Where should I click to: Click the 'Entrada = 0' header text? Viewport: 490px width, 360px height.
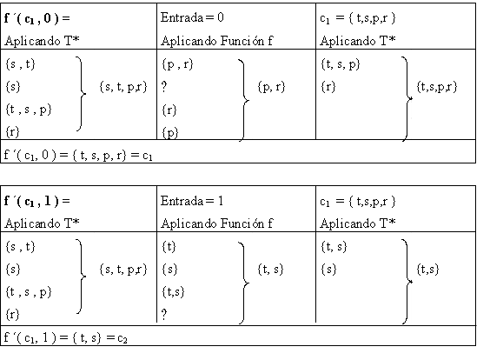pos(192,17)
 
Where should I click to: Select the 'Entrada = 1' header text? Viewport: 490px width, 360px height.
pos(192,201)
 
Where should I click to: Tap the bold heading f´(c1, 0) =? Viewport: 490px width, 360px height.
pos(37,18)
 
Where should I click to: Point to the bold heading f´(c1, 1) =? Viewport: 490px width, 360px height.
pos(37,201)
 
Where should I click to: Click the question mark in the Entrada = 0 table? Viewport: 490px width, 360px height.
pos(164,86)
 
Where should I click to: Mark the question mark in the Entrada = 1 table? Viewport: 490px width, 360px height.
pos(164,314)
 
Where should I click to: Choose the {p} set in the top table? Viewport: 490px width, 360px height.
pos(170,133)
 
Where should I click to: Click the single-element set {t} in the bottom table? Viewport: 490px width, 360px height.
pos(169,247)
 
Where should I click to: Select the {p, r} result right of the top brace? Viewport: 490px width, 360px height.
pos(271,87)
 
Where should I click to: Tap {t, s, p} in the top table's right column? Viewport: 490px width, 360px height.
pos(341,64)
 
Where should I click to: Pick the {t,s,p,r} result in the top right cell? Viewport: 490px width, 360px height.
pos(437,87)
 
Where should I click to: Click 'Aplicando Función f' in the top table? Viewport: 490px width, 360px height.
pos(217,41)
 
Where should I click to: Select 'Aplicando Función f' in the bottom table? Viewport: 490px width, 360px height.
pos(217,223)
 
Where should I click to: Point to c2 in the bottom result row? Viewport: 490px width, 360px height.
pos(122,338)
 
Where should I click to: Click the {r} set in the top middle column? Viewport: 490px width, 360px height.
pos(169,110)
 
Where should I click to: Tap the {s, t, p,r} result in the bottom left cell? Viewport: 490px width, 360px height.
pos(123,270)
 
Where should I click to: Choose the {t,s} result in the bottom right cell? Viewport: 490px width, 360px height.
pos(427,270)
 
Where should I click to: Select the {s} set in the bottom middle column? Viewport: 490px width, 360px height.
pos(169,270)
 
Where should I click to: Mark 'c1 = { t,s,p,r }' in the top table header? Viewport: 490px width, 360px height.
pos(357,18)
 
